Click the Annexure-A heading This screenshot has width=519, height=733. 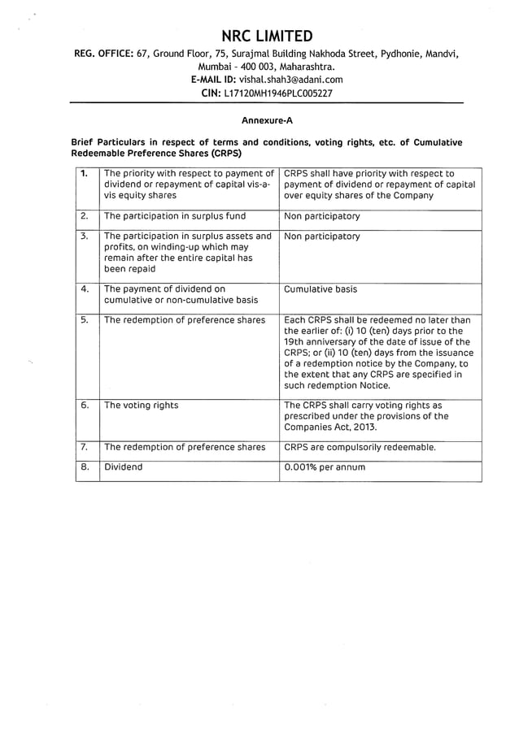coord(267,119)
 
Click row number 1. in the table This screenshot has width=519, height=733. coord(85,173)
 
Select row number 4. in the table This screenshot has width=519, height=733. coord(85,288)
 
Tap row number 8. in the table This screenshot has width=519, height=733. coord(85,467)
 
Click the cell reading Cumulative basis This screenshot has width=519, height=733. coord(321,288)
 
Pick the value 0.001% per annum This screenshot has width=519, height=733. coord(325,467)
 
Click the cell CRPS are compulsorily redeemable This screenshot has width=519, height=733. coord(360,447)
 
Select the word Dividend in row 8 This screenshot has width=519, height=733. coord(123,467)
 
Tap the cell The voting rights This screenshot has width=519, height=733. coord(142,405)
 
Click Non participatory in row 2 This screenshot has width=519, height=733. coord(322,216)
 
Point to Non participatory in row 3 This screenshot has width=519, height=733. coord(322,236)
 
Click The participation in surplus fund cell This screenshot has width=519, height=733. coord(175,216)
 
